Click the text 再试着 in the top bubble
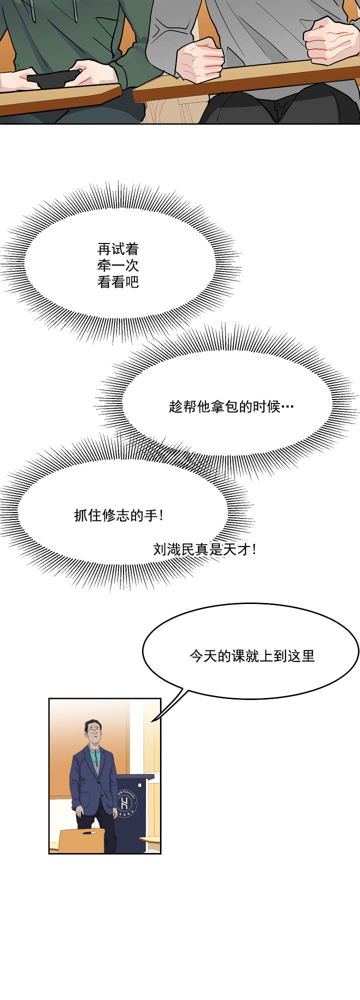pyautogui.click(x=118, y=249)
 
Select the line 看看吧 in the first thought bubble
pyautogui.click(x=118, y=282)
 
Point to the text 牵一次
pyautogui.click(x=118, y=265)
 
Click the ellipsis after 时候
pyautogui.click(x=287, y=406)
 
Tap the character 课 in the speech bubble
pyautogui.click(x=238, y=655)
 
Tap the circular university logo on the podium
pyautogui.click(x=125, y=803)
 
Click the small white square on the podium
pyautogui.click(x=140, y=785)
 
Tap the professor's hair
pyautogui.click(x=92, y=723)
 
